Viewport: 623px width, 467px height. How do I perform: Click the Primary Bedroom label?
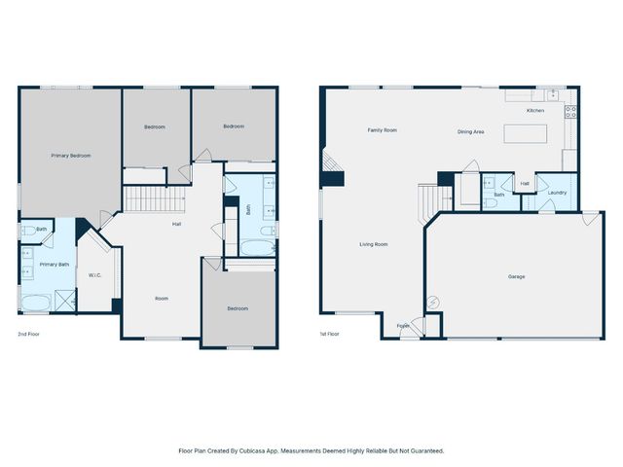pyautogui.click(x=71, y=155)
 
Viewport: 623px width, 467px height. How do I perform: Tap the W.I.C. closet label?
pyautogui.click(x=95, y=274)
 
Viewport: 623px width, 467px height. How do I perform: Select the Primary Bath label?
pyautogui.click(x=54, y=264)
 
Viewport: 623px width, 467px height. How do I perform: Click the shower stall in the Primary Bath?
pyautogui.click(x=65, y=301)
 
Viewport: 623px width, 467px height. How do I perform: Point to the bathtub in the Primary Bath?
pyautogui.click(x=36, y=302)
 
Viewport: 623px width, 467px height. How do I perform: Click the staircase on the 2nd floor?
pyautogui.click(x=153, y=200)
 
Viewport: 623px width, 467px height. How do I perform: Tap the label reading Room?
pyautogui.click(x=162, y=299)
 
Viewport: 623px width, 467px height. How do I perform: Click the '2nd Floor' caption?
pyautogui.click(x=28, y=334)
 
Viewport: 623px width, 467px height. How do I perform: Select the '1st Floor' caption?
pyautogui.click(x=329, y=334)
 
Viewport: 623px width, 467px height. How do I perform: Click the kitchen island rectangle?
pyautogui.click(x=525, y=133)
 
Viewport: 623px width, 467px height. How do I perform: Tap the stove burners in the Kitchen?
pyautogui.click(x=571, y=112)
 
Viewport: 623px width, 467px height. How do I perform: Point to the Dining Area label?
pyautogui.click(x=471, y=131)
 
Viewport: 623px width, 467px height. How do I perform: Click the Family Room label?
pyautogui.click(x=382, y=129)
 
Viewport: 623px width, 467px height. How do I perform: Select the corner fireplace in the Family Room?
pyautogui.click(x=332, y=167)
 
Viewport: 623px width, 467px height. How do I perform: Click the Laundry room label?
pyautogui.click(x=557, y=192)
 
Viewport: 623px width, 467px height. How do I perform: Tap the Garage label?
pyautogui.click(x=516, y=276)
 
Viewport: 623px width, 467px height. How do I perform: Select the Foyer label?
pyautogui.click(x=402, y=326)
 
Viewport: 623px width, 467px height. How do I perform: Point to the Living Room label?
pyautogui.click(x=374, y=244)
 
